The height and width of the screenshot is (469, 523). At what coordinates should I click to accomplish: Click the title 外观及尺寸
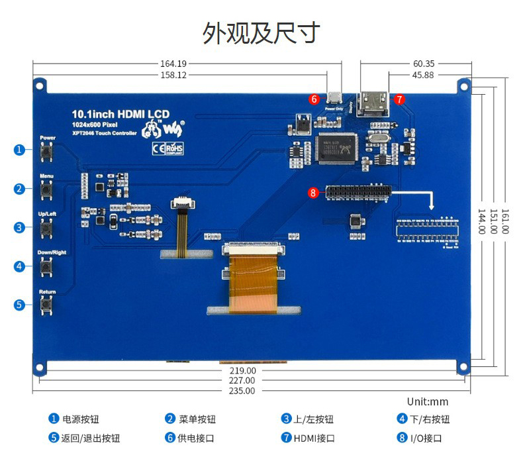(261, 32)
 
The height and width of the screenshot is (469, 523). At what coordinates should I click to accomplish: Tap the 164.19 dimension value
(173, 64)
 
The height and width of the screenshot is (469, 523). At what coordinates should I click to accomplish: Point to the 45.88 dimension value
(423, 75)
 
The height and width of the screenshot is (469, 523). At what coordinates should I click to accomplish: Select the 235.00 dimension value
(242, 391)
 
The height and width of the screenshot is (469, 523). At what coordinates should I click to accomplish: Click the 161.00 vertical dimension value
(504, 221)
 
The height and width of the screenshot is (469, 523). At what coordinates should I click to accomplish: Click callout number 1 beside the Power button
(19, 150)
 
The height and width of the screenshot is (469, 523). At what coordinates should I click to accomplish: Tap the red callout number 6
(314, 99)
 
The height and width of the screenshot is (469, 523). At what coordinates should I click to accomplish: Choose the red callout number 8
(314, 193)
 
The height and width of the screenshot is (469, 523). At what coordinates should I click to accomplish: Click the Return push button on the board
(47, 305)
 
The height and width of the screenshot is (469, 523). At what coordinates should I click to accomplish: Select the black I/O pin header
(357, 193)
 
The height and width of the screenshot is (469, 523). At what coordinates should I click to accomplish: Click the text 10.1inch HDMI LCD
(120, 115)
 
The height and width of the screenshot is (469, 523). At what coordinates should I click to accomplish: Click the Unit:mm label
(428, 401)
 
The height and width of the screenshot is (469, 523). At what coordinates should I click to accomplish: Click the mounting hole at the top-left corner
(40, 84)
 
